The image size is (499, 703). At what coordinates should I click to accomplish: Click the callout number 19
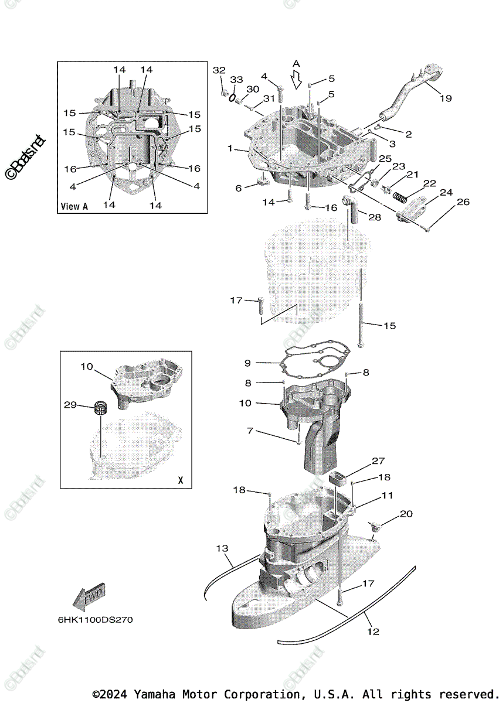pyautogui.click(x=446, y=98)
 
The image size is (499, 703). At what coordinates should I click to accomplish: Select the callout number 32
pyautogui.click(x=219, y=70)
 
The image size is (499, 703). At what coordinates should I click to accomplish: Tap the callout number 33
pyautogui.click(x=236, y=79)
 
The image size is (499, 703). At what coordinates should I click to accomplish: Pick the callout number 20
pyautogui.click(x=406, y=514)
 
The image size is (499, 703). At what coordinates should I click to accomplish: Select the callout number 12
pyautogui.click(x=373, y=632)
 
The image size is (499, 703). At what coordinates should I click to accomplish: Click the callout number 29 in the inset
pyautogui.click(x=70, y=405)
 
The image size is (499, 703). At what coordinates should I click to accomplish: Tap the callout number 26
pyautogui.click(x=463, y=203)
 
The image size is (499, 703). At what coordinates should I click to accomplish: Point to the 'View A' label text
pyautogui.click(x=74, y=206)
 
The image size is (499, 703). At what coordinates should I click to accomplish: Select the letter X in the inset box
pyautogui.click(x=181, y=480)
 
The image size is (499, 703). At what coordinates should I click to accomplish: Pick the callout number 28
pyautogui.click(x=375, y=217)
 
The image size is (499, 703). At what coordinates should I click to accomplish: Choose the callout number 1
pyautogui.click(x=232, y=148)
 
